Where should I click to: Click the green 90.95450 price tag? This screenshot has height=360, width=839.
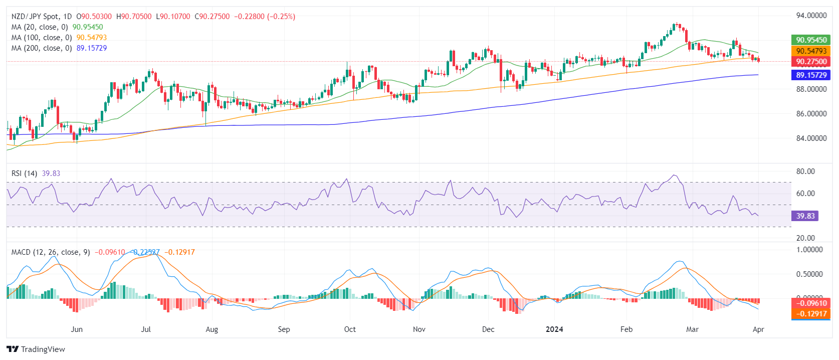tap(811, 40)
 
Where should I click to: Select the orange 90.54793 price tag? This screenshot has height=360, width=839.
tap(811, 51)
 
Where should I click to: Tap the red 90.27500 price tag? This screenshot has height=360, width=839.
tap(811, 62)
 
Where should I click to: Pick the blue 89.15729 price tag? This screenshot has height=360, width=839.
tap(811, 75)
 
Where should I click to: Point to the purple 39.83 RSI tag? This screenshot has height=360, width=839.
tap(805, 216)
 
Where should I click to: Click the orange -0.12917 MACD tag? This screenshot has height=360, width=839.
tap(811, 314)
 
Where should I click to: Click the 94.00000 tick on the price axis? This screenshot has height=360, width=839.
tap(811, 16)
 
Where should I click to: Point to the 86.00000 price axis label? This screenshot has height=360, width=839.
tap(811, 114)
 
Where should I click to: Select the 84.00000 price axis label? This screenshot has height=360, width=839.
tap(811, 138)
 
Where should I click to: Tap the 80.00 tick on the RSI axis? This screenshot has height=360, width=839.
tap(805, 171)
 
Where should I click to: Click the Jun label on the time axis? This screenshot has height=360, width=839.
tap(77, 329)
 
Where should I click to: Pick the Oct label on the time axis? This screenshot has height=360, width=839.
tap(350, 329)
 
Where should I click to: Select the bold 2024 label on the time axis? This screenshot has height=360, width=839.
tap(554, 329)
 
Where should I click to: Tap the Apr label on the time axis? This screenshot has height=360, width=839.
tap(758, 329)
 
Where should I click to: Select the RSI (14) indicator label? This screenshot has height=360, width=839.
tap(25, 173)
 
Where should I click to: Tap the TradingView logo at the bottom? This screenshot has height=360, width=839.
tap(36, 349)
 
